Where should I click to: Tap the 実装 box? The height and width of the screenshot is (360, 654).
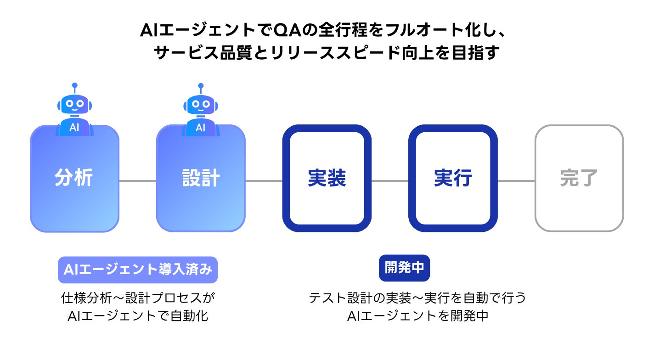327,179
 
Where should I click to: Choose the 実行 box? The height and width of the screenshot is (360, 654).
453,179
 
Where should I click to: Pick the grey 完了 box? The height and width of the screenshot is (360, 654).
579,179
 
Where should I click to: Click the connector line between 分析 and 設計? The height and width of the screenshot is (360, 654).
138,181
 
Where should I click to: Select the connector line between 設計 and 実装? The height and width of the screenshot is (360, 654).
264,181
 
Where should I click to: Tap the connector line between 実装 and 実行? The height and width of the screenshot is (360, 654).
390,181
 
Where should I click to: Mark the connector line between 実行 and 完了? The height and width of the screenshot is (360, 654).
516,181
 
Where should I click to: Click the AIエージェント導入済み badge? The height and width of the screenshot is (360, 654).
138,270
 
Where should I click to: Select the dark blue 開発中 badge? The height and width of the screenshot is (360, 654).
404,268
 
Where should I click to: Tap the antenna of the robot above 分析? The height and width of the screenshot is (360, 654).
74,87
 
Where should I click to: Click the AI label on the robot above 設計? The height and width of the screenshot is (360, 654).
201,128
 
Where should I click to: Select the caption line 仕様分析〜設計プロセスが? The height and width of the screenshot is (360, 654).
138,298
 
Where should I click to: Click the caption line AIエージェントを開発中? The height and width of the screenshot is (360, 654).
417,316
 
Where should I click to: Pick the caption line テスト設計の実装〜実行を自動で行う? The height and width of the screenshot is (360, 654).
417,298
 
